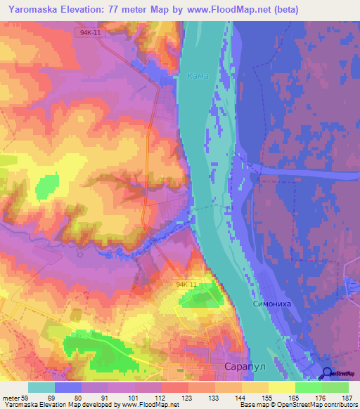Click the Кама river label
198,76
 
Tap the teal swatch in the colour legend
41,387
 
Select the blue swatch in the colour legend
68,387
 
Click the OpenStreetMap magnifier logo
328,374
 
